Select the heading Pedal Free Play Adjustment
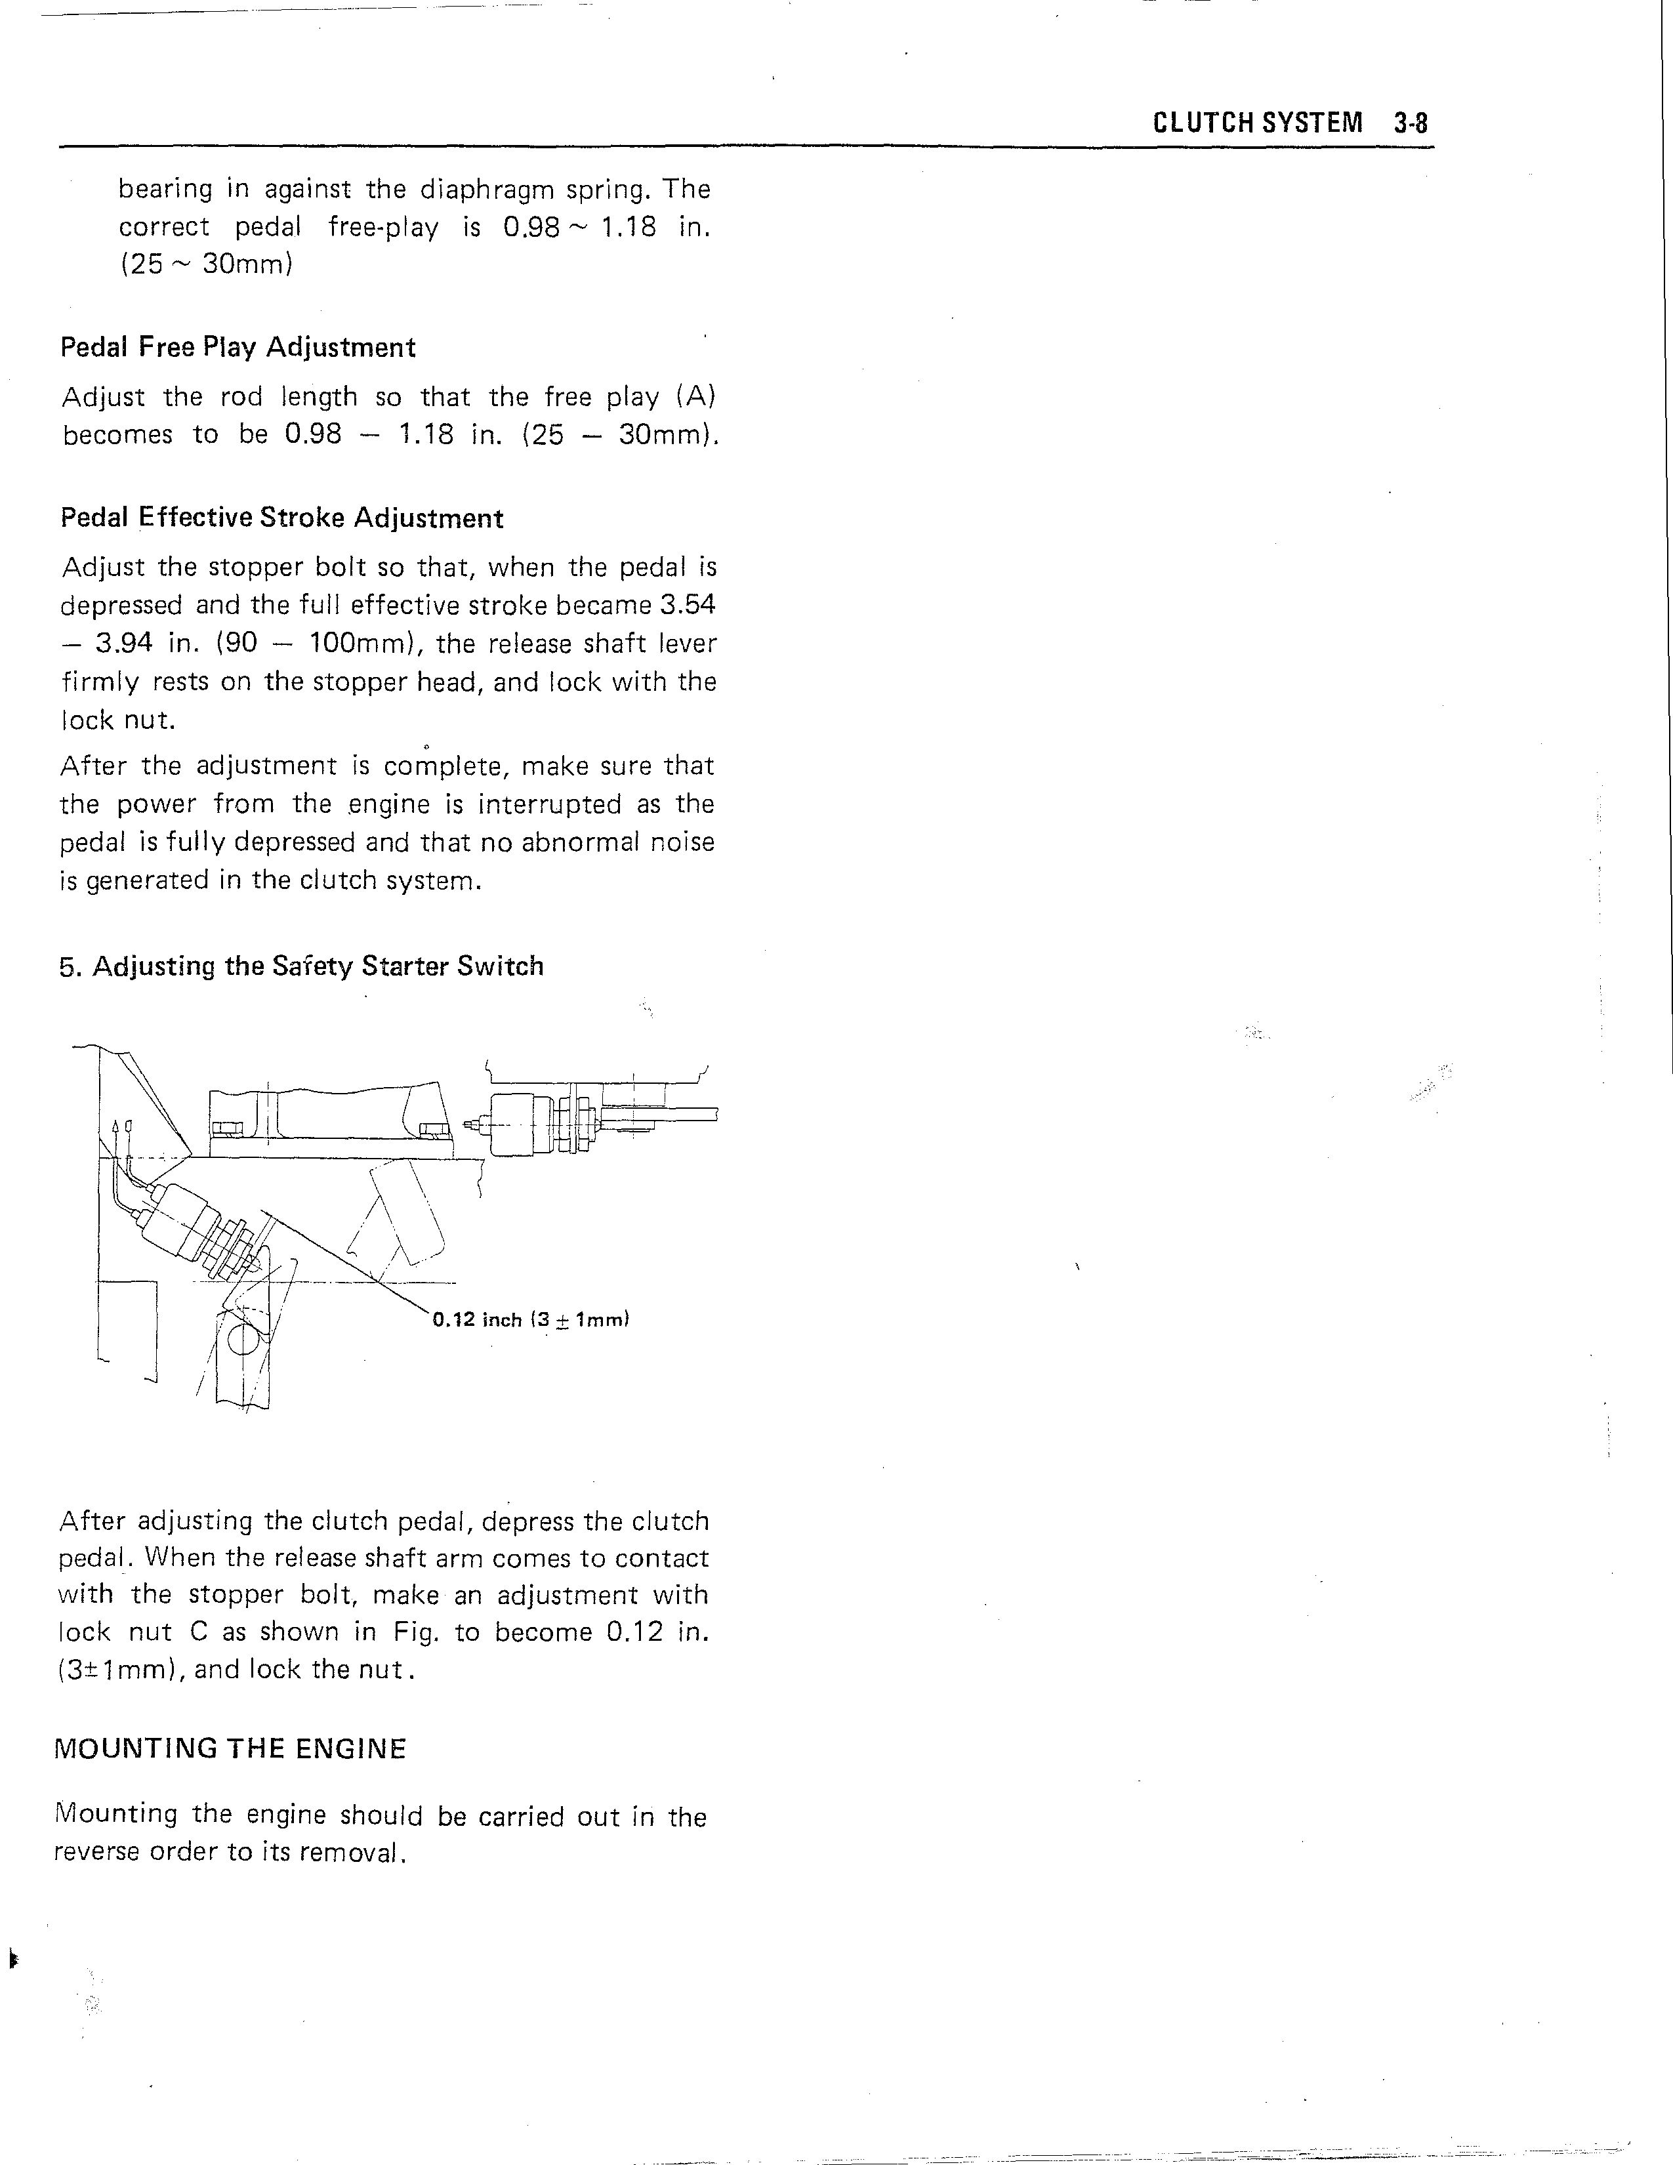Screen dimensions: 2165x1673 238,348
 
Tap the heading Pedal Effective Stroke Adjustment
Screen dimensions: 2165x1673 281,518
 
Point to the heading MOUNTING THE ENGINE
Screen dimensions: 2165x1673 230,1748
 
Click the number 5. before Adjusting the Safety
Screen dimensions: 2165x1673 70,966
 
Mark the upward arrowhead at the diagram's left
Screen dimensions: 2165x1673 117,1127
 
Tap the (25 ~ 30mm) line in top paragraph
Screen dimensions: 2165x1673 205,264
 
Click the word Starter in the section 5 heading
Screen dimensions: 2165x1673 405,966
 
